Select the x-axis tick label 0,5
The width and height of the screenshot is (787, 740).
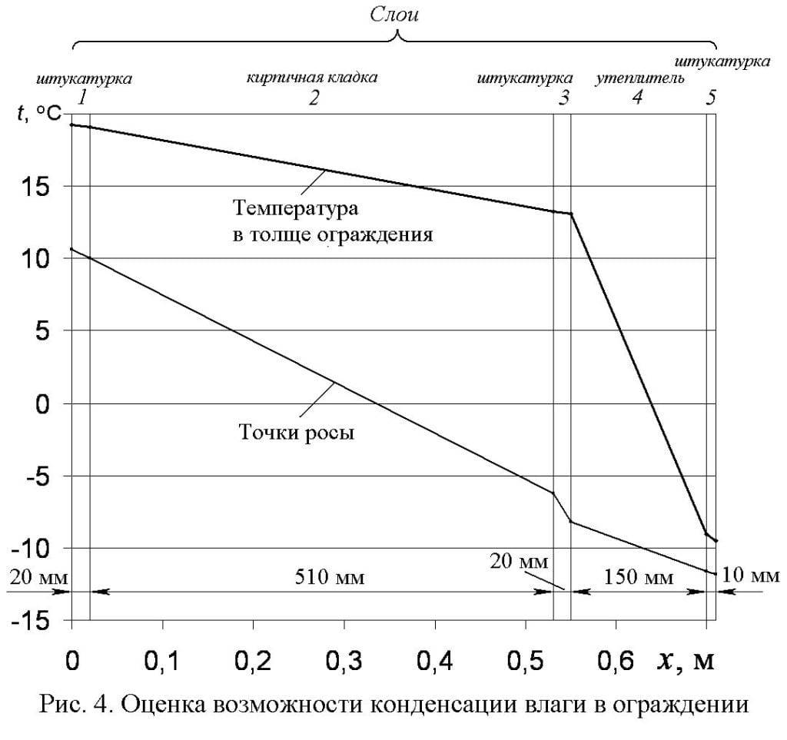(526, 662)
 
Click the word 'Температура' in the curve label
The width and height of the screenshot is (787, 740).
(297, 207)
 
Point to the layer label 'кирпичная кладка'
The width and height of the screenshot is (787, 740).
(312, 78)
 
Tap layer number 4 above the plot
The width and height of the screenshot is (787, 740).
(637, 98)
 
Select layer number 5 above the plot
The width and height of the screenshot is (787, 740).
(711, 98)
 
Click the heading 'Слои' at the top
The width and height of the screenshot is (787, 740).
(395, 15)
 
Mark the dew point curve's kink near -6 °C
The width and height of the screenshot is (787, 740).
(553, 493)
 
